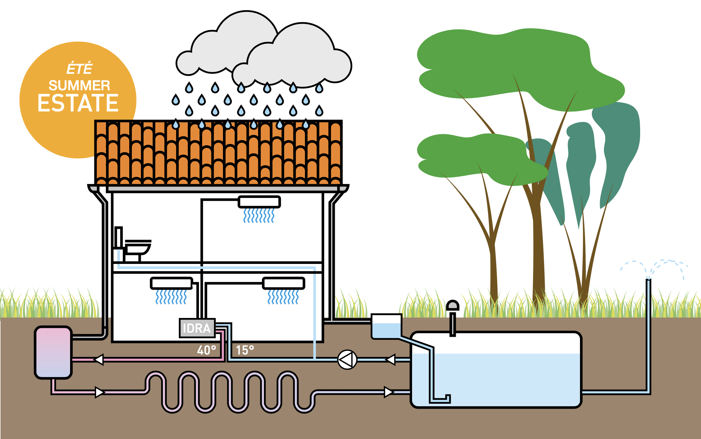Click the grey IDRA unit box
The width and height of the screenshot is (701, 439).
197,328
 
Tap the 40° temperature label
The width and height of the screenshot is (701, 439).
207,350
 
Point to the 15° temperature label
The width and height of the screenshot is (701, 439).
245,350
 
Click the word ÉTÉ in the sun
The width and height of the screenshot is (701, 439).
79,68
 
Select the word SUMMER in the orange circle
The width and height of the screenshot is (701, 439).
79,85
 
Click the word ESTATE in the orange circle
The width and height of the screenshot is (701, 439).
78,103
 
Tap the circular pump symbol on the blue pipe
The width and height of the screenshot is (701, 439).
347,360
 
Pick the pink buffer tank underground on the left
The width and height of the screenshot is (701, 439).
53,352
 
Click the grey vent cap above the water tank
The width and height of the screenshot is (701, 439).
453,305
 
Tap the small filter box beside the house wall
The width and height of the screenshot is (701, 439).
386,326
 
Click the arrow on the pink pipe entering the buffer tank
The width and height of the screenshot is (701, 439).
98,360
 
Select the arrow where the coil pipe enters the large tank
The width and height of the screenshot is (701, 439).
389,392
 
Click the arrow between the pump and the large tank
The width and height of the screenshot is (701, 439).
390,360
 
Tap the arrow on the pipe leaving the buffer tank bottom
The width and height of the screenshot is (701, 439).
100,392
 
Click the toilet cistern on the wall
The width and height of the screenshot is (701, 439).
119,237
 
